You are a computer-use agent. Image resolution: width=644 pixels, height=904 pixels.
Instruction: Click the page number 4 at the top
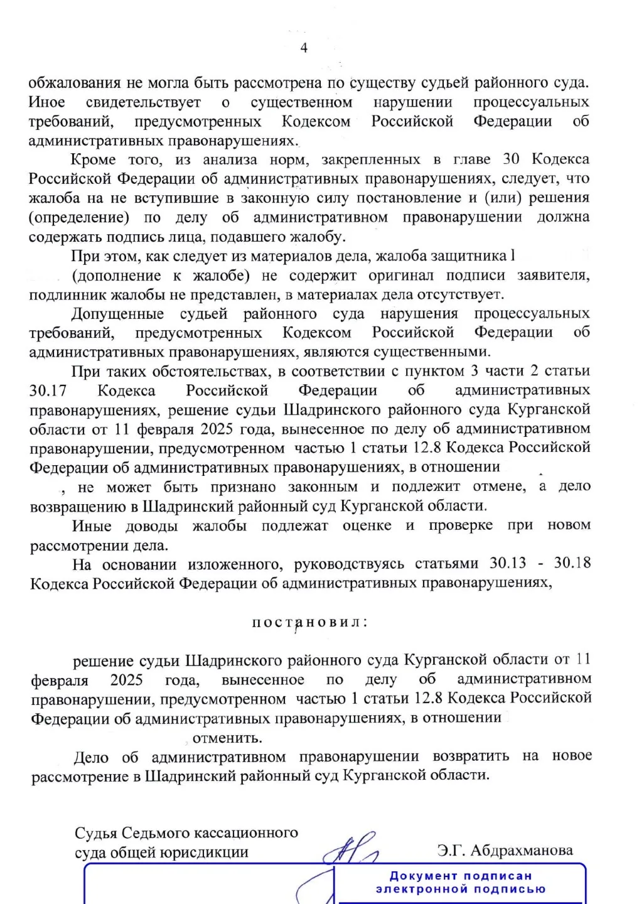(x=304, y=48)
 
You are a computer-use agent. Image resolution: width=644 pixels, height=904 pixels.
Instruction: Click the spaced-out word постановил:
(x=310, y=622)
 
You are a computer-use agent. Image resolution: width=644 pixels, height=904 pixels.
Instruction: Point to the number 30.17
(x=48, y=390)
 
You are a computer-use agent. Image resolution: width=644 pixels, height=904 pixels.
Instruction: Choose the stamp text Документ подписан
(x=461, y=876)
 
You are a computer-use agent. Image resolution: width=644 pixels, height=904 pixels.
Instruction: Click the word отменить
(x=227, y=738)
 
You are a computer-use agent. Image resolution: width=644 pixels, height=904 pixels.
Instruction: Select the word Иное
(x=47, y=102)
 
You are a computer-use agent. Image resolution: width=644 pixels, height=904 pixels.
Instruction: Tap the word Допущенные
(x=117, y=313)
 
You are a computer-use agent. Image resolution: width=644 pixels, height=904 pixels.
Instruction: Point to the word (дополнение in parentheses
(x=107, y=276)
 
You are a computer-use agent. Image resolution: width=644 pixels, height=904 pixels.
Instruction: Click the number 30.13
(x=508, y=563)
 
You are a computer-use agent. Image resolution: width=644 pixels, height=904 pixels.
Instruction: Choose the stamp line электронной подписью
(x=461, y=889)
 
